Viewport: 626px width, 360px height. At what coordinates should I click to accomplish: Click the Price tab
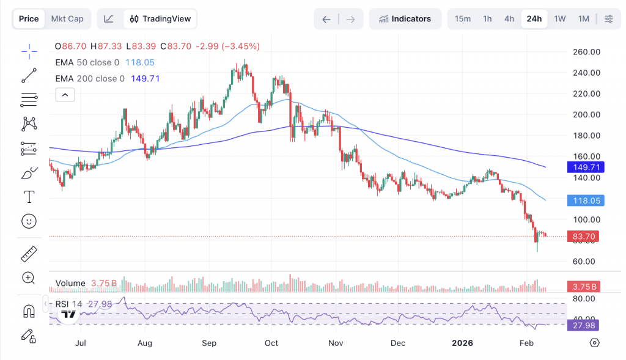click(x=29, y=19)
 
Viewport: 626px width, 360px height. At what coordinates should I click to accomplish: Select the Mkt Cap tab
click(x=67, y=19)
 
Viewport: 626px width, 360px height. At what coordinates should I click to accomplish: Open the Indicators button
click(x=405, y=19)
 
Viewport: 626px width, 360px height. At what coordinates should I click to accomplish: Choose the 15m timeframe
click(x=463, y=19)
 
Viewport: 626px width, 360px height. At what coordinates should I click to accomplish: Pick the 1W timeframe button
click(x=560, y=19)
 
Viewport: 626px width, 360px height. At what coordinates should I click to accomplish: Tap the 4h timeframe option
click(x=509, y=19)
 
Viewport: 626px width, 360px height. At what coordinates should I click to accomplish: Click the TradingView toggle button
click(x=160, y=19)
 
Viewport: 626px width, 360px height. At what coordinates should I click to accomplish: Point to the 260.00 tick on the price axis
click(x=586, y=52)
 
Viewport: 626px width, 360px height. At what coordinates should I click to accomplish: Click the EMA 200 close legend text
click(x=90, y=79)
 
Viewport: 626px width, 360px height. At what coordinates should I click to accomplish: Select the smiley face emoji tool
click(x=29, y=221)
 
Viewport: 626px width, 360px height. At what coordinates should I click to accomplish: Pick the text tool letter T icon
click(x=29, y=197)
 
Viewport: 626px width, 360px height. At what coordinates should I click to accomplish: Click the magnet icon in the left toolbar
click(x=29, y=311)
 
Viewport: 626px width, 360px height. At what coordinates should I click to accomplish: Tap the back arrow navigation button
click(x=326, y=19)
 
